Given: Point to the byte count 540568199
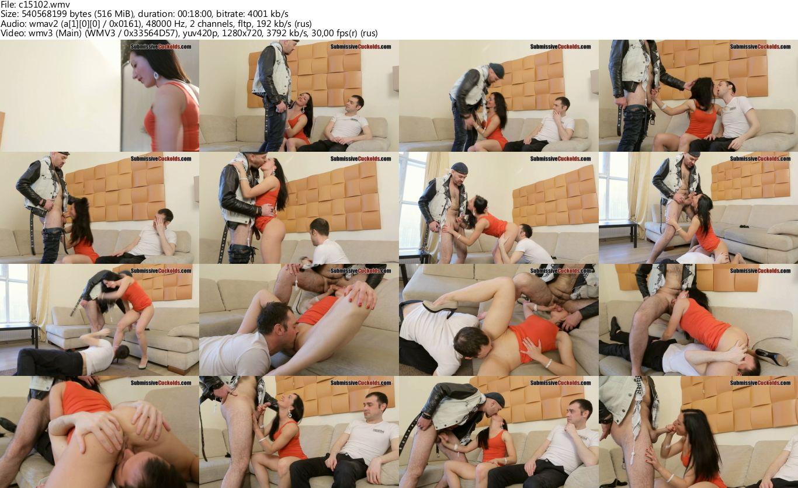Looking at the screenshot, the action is [x=44, y=14].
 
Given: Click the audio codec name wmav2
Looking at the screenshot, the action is [x=36, y=24].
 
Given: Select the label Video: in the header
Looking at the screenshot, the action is [x=11, y=33].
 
